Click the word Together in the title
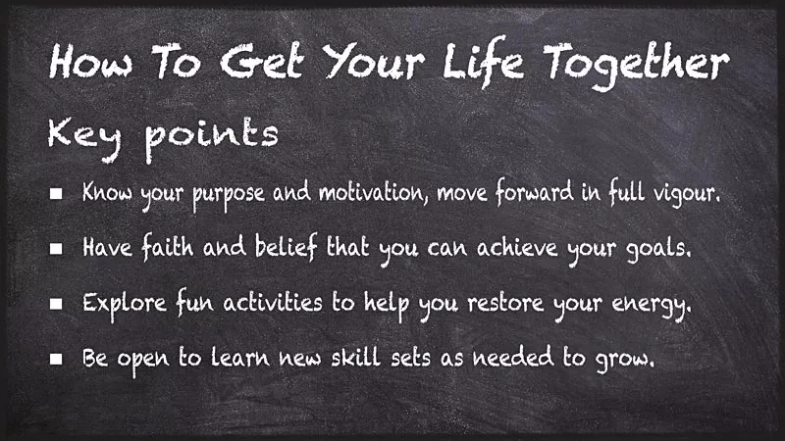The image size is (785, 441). point(639,64)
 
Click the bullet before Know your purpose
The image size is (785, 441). point(57,194)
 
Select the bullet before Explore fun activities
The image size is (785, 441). point(57,305)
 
